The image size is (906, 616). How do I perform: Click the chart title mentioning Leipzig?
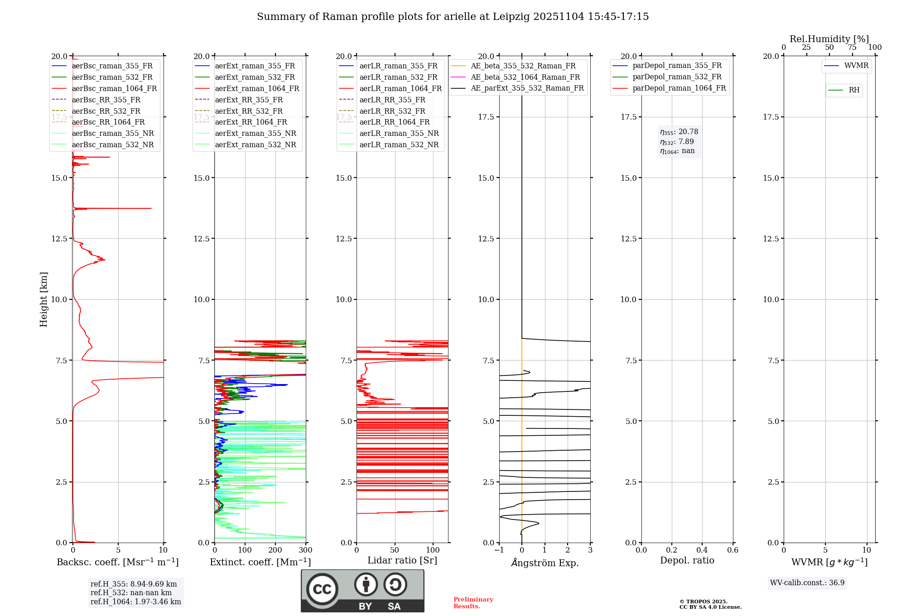pos(453,17)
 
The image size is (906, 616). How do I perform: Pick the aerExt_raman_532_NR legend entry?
pos(255,144)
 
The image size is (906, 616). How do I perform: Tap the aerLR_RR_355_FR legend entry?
pos(392,100)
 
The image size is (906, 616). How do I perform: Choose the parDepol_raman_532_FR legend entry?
pos(677,77)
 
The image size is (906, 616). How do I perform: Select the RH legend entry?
pos(854,90)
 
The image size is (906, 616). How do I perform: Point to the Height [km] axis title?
pos(43,299)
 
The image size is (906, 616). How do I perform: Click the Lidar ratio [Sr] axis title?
pos(402,560)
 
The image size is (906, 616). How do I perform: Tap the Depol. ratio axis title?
pos(687,560)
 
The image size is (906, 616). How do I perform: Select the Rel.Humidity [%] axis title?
pos(829,39)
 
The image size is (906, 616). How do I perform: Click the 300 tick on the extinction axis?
pos(306,550)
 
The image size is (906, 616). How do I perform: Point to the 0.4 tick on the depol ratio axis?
pos(702,550)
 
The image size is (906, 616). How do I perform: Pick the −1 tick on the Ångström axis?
pos(499,550)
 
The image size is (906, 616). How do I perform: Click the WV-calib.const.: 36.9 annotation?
pos(807,583)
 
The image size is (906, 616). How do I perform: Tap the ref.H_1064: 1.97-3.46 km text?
pos(135,602)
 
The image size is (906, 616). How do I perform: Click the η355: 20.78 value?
pos(679,132)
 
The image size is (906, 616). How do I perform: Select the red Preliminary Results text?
pos(473,603)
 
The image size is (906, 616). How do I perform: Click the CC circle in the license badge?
pos(322,589)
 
